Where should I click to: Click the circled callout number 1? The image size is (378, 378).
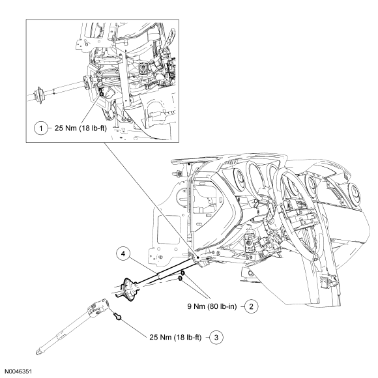coord(41,128)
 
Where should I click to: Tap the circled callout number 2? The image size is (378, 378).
coord(251,306)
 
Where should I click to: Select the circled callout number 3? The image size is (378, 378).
coord(216,337)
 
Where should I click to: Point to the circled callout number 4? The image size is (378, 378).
coord(123,254)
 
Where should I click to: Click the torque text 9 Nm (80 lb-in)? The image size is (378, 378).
coord(212,306)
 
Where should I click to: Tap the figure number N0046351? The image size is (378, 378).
coord(18,371)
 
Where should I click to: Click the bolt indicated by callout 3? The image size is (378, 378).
coord(117,316)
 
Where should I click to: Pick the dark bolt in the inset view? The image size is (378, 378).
coord(101,92)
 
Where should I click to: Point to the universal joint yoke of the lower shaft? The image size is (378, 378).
coord(98,308)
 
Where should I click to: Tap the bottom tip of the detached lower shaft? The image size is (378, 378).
coord(38,353)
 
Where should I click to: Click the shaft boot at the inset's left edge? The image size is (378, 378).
coord(38,95)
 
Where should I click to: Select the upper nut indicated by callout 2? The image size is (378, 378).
coord(183,273)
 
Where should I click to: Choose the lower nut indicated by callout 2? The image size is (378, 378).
coord(181,278)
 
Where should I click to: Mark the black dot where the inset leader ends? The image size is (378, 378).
coord(197,257)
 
